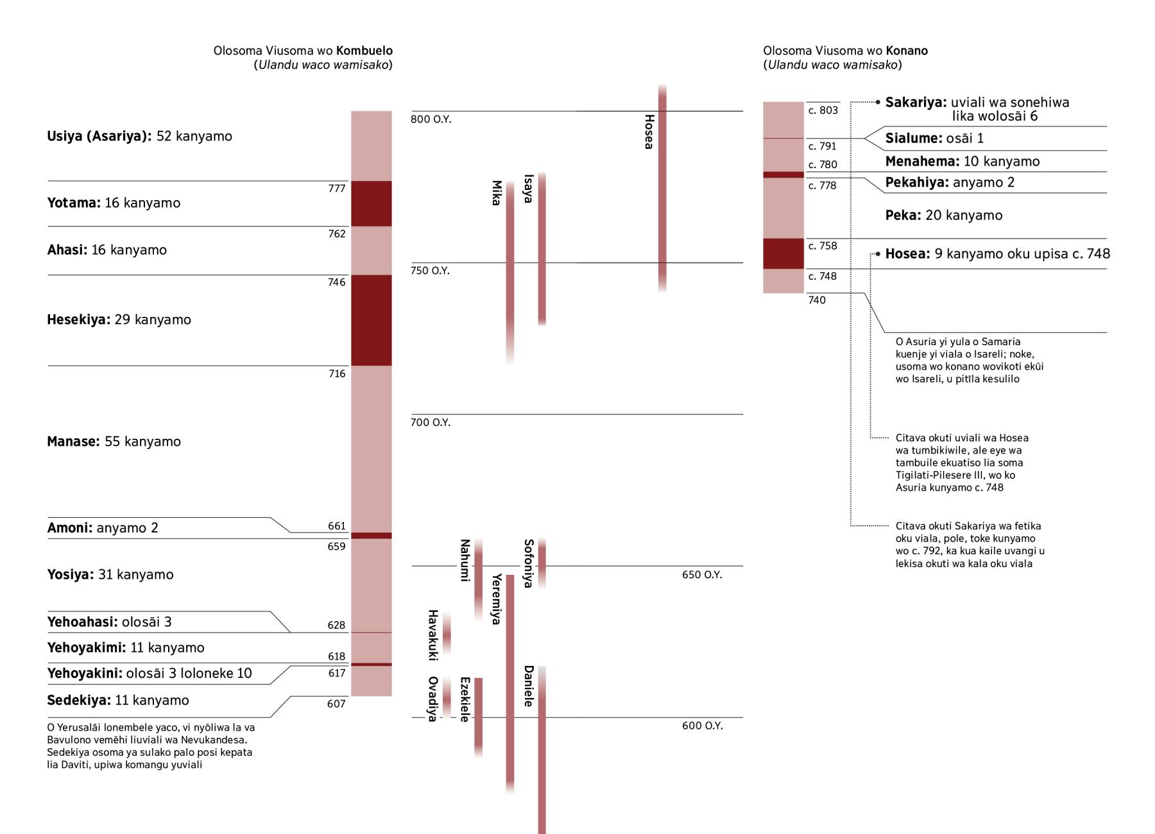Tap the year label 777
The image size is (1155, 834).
[337, 189]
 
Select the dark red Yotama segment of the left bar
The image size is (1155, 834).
[371, 203]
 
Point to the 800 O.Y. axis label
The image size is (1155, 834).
[431, 120]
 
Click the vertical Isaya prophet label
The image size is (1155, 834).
[528, 189]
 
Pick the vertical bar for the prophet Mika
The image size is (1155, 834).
[510, 269]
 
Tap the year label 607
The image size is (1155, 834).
[336, 704]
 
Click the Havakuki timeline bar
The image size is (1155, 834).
[447, 633]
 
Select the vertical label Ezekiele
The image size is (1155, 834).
[465, 699]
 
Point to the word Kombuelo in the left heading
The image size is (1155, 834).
[364, 51]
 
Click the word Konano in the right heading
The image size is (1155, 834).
[907, 51]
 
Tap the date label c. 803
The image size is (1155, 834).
[823, 110]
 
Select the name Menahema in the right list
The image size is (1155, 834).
[922, 162]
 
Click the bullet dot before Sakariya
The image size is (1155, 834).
[878, 102]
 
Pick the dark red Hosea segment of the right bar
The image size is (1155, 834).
[783, 253]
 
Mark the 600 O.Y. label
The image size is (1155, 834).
[702, 726]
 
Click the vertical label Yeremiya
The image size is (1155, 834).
[496, 599]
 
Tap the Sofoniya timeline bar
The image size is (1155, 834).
[542, 563]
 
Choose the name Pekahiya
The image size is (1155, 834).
[916, 183]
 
